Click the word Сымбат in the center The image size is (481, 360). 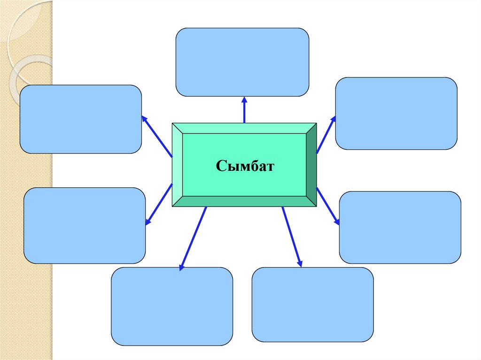(244, 166)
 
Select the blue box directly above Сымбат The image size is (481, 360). (242, 62)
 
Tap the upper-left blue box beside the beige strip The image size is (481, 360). (81, 119)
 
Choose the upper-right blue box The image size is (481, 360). (396, 113)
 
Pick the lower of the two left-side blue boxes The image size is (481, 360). (85, 225)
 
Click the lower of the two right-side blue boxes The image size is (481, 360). (400, 227)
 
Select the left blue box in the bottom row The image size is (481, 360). (172, 306)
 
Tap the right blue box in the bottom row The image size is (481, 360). (313, 304)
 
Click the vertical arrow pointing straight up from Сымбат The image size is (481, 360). (244, 110)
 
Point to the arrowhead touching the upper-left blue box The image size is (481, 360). (144, 119)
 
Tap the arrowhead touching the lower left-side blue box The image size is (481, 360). (148, 222)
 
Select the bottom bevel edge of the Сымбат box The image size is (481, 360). (244, 201)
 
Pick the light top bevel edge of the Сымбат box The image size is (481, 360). (244, 128)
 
